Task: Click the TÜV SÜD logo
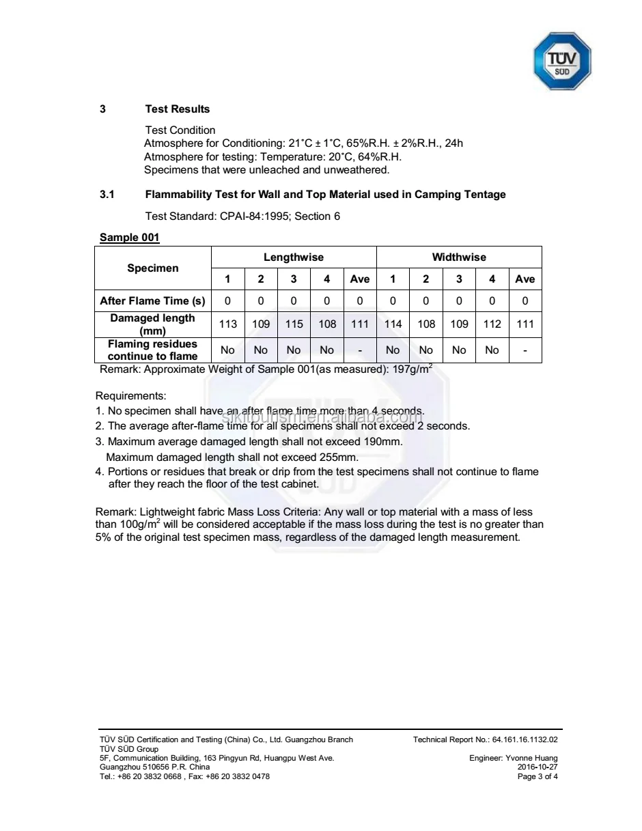coord(561,61)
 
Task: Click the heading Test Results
coord(178,109)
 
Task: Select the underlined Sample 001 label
coord(130,238)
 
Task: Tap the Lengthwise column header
coord(294,257)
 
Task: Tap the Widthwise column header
coord(459,257)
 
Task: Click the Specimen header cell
coord(153,268)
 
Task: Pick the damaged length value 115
coord(294,324)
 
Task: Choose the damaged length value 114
coord(393,324)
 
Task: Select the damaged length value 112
coord(492,324)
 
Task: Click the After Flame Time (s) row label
coord(152,301)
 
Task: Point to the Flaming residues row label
coord(152,350)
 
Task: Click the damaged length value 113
coord(227,324)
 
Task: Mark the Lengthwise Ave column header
coord(359,279)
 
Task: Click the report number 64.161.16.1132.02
coord(525,740)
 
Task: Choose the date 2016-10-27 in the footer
coord(538,767)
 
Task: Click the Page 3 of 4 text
coord(538,776)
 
